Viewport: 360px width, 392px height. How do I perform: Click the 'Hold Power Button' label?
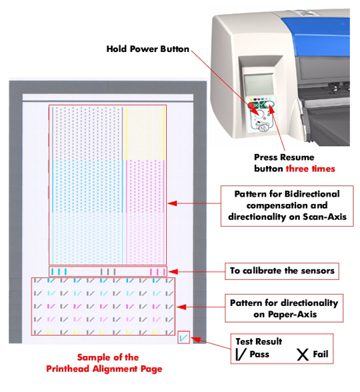click(148, 49)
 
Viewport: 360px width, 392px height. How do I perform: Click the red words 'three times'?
click(310, 169)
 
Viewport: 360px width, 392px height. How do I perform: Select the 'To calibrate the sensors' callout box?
click(282, 271)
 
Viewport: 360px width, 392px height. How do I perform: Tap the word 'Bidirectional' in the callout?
click(312, 194)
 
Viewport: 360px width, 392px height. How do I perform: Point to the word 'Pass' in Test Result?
click(259, 354)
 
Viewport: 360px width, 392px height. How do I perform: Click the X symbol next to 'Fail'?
click(303, 355)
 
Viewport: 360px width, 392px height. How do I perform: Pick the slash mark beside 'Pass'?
click(240, 355)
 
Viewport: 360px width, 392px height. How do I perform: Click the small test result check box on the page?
click(184, 337)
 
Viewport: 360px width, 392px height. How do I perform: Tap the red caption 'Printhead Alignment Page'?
click(104, 369)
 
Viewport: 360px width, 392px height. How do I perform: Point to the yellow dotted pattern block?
click(145, 133)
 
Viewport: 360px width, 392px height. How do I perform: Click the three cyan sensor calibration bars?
click(59, 271)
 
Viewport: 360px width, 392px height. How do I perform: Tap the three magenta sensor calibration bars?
click(158, 271)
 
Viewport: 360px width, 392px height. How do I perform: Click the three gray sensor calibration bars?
click(108, 271)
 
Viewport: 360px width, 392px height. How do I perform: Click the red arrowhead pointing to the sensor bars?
click(173, 272)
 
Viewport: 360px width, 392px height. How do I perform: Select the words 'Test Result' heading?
click(259, 341)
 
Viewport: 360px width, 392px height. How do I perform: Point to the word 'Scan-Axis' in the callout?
click(325, 217)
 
